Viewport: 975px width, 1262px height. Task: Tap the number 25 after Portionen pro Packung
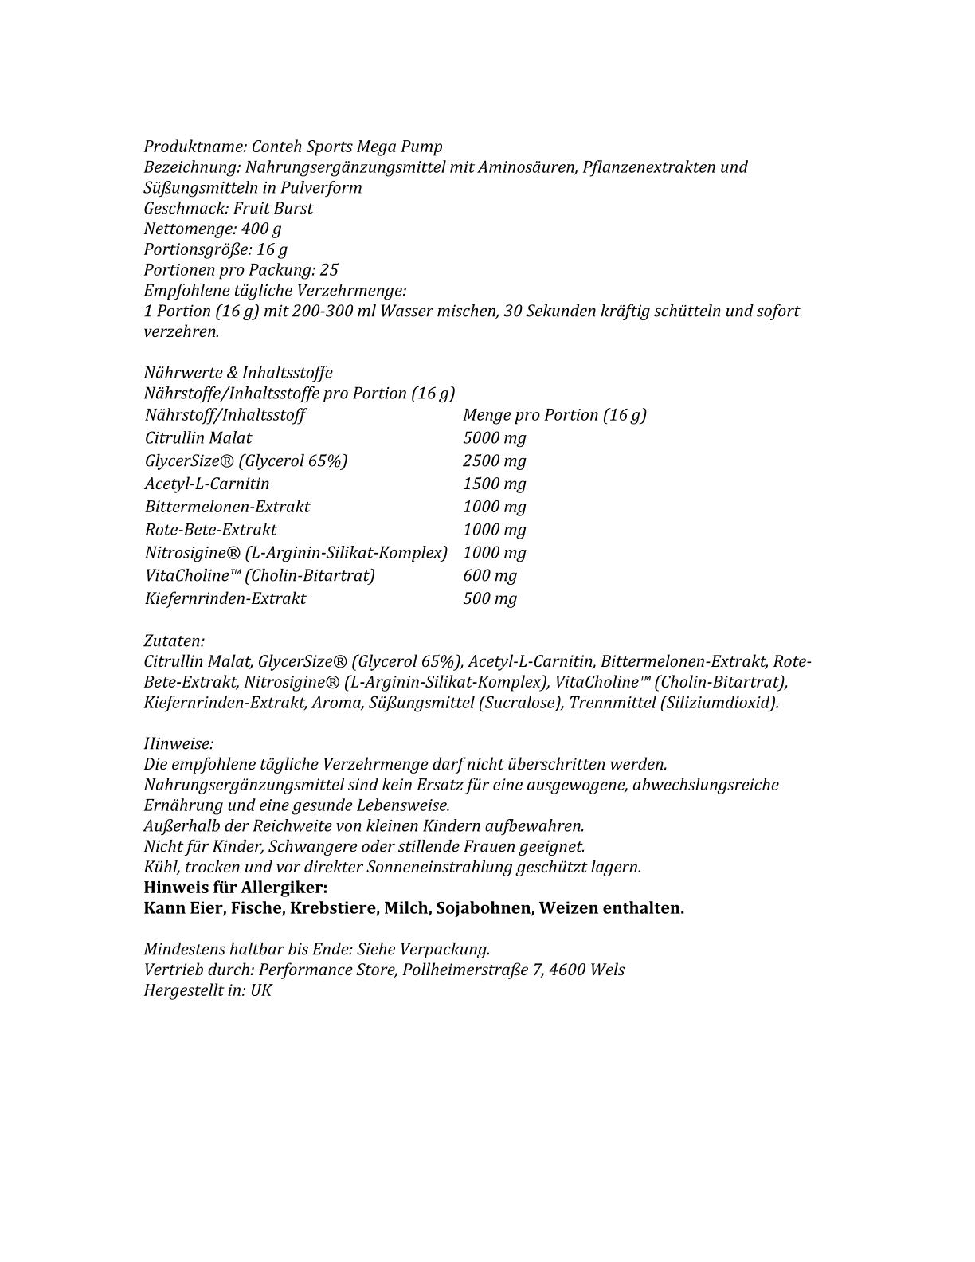[329, 270]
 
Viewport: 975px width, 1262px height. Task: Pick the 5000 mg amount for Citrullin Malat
[494, 438]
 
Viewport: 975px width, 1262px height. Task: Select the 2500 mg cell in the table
[494, 461]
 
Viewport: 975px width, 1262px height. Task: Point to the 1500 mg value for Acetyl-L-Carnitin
[494, 484]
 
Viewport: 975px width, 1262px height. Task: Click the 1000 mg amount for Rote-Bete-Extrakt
[494, 530]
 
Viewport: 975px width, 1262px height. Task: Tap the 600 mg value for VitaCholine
[489, 576]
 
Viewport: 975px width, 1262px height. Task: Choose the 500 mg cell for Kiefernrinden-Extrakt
[489, 599]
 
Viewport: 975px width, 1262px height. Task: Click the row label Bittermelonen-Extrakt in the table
[227, 507]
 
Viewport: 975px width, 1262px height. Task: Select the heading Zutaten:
[174, 641]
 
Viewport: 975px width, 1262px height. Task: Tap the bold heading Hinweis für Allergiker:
[236, 888]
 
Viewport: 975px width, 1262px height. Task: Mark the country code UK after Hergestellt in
[261, 991]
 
